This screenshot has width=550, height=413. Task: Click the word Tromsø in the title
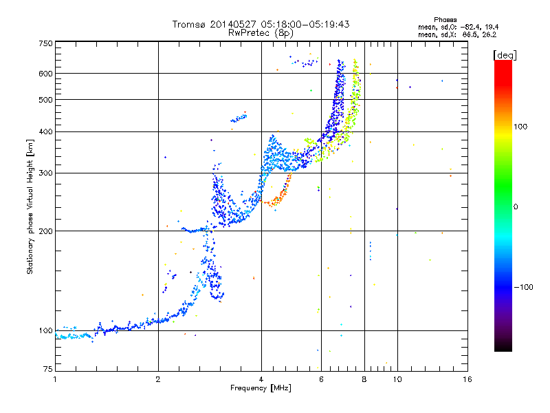click(x=190, y=24)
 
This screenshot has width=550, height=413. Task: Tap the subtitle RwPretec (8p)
click(x=261, y=33)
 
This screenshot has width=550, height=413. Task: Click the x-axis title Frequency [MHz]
click(x=261, y=388)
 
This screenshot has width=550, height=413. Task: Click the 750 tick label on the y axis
click(x=45, y=43)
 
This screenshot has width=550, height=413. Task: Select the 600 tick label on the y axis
click(x=45, y=74)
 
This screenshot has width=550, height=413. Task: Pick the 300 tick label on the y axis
click(x=45, y=173)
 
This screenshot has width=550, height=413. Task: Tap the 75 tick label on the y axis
click(x=48, y=369)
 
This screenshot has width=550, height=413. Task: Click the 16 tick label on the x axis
click(x=467, y=379)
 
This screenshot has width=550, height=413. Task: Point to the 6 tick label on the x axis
click(x=321, y=379)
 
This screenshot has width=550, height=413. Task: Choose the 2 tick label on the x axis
click(x=158, y=379)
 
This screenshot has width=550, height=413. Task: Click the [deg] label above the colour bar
click(x=505, y=55)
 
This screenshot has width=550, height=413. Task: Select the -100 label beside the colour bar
click(x=523, y=287)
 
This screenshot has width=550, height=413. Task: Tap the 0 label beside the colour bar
click(x=516, y=206)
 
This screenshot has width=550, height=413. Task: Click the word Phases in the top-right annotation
click(x=445, y=20)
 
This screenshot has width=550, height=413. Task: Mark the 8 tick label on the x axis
click(x=364, y=379)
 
